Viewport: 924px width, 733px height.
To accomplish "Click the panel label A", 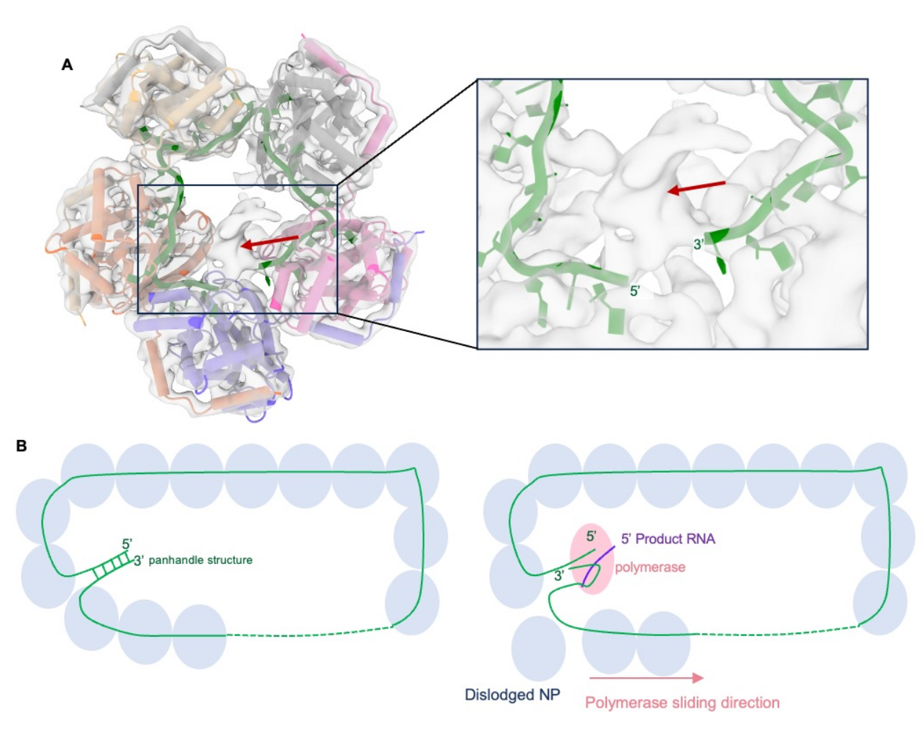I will [x=67, y=65].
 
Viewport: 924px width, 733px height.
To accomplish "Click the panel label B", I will [x=22, y=446].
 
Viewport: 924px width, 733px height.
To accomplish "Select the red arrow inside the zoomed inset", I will [x=697, y=187].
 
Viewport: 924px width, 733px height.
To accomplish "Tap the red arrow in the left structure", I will [x=269, y=242].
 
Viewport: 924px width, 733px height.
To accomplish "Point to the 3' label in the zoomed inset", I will [x=699, y=245].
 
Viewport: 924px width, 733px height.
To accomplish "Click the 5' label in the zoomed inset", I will [x=635, y=291].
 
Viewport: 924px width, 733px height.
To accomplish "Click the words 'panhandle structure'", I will [x=200, y=560].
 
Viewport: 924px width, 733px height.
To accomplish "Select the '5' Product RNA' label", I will [x=668, y=539].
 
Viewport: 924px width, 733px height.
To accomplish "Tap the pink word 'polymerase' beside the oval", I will [x=649, y=567].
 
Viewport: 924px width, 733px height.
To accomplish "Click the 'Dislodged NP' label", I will [x=512, y=695].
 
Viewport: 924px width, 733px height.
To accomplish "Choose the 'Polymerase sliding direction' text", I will [x=682, y=703].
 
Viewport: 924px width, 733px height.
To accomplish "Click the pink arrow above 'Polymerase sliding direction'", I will [x=646, y=678].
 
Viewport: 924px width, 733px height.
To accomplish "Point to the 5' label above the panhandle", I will [x=127, y=544].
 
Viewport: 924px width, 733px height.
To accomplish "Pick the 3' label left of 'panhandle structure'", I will [x=139, y=561].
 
